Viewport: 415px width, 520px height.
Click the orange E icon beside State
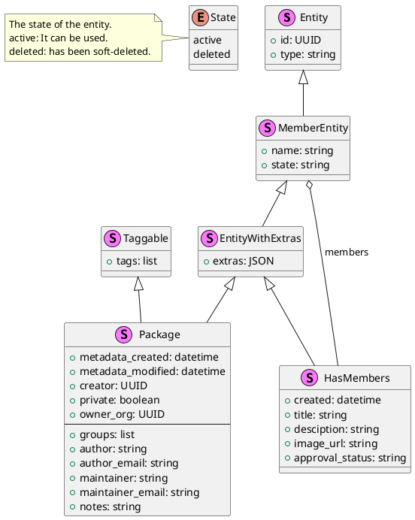pos(200,17)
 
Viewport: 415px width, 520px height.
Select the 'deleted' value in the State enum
pos(212,54)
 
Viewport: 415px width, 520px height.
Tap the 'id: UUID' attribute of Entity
pos(301,40)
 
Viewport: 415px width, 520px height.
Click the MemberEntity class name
pos(314,128)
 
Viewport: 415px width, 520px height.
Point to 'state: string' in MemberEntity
pos(300,165)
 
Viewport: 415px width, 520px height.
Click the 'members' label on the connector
pos(347,252)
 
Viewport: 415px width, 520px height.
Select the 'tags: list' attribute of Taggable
pos(137,261)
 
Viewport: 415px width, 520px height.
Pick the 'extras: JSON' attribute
pos(243,261)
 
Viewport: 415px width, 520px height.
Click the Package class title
pos(159,334)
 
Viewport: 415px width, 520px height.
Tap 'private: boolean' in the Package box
pos(120,400)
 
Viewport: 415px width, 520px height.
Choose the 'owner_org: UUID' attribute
pos(122,414)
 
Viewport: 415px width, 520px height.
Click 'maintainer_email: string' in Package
pos(139,492)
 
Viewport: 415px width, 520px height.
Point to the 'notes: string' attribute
pos(110,506)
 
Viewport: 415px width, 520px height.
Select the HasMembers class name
pos(356,378)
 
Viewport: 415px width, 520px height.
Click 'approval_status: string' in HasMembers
pos(350,458)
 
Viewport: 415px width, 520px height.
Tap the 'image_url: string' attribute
pos(335,443)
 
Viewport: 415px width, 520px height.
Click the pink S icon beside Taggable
pos(113,238)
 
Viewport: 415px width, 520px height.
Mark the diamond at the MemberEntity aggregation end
pos(310,185)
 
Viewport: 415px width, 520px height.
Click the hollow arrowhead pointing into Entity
pos(303,77)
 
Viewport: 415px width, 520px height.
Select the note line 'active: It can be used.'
pos(59,38)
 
